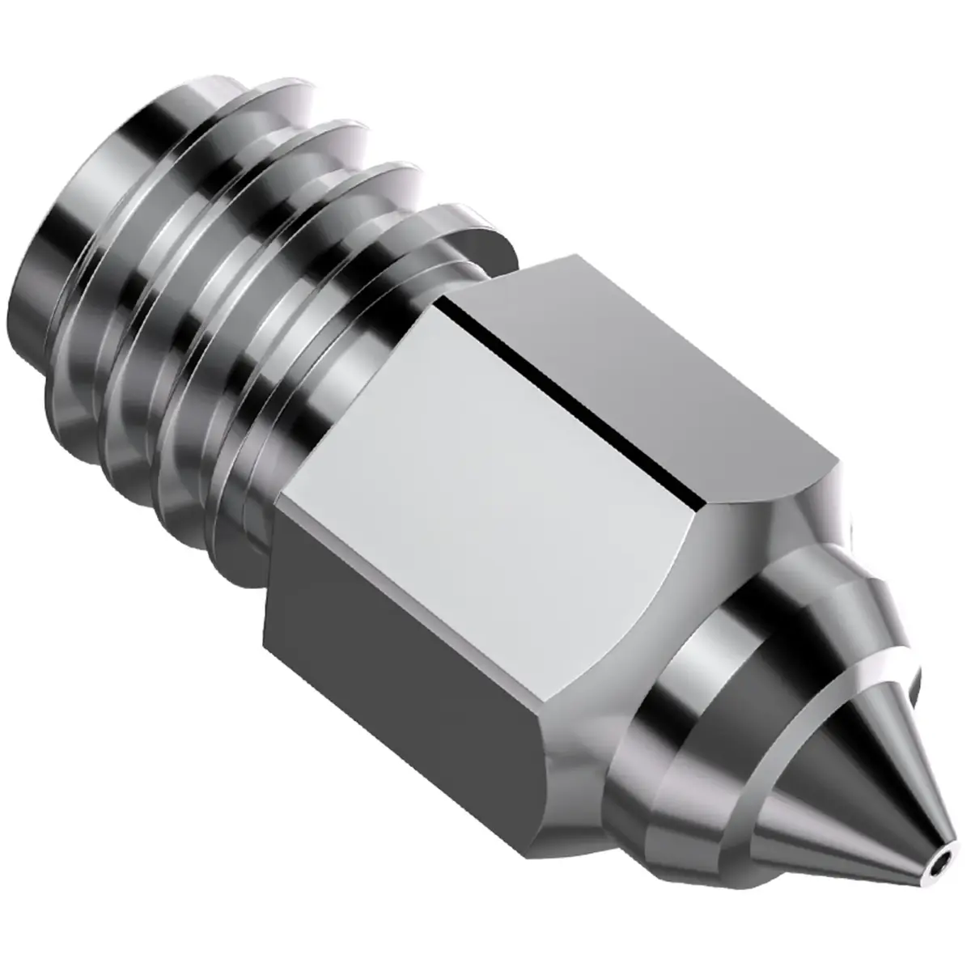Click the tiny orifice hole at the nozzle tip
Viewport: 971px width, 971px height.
click(938, 871)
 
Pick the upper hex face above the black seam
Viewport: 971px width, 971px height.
click(647, 372)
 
